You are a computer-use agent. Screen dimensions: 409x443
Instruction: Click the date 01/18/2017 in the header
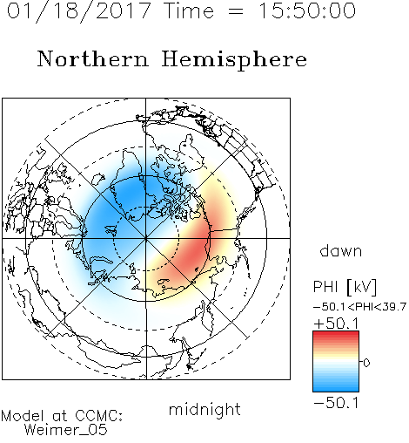(79, 11)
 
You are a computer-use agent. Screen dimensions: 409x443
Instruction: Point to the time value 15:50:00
(306, 10)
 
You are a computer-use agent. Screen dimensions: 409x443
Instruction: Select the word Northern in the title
(93, 58)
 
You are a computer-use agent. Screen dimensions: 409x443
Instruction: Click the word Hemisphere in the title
(234, 60)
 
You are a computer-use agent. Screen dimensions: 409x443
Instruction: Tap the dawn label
(341, 250)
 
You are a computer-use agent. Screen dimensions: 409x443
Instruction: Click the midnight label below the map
(204, 409)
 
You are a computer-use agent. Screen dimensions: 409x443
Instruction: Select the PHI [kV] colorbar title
(345, 287)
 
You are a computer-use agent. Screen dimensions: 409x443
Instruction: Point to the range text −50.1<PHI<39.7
(359, 307)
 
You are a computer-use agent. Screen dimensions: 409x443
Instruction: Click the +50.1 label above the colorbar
(336, 324)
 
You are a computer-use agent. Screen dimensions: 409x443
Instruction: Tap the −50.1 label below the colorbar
(336, 403)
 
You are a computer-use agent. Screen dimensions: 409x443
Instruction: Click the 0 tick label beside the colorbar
(366, 363)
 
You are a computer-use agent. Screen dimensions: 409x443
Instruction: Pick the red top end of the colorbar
(336, 334)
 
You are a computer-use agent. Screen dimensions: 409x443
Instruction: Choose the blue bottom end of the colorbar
(336, 389)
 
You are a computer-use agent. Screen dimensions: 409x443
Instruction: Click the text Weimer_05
(65, 430)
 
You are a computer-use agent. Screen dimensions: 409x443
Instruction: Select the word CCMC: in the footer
(98, 416)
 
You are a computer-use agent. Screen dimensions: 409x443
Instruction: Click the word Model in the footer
(23, 416)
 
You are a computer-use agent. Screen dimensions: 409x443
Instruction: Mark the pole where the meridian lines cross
(146, 238)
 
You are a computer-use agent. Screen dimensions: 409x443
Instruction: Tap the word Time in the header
(189, 10)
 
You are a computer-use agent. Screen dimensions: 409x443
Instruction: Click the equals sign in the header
(236, 11)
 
